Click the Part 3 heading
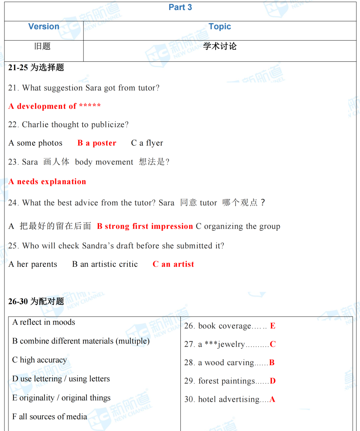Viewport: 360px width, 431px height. pyautogui.click(x=180, y=7)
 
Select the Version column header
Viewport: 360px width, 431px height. pyautogui.click(x=44, y=26)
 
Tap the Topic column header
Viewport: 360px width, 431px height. pyautogui.click(x=220, y=26)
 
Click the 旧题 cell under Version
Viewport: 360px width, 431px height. pyautogui.click(x=42, y=47)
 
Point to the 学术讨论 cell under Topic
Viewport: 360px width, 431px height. pyautogui.click(x=220, y=47)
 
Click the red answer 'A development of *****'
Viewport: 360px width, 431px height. pyautogui.click(x=55, y=106)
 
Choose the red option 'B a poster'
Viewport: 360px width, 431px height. pyautogui.click(x=97, y=143)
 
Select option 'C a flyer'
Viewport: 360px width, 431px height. pyautogui.click(x=147, y=143)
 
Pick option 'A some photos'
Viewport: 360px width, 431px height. pyautogui.click(x=35, y=143)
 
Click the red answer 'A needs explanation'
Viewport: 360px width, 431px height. pyautogui.click(x=47, y=182)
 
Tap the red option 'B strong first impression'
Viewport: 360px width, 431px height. pyautogui.click(x=145, y=226)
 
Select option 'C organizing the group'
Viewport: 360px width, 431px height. pyautogui.click(x=238, y=226)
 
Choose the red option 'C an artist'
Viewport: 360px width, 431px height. pyautogui.click(x=173, y=264)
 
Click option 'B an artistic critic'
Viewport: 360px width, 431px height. pyautogui.click(x=105, y=264)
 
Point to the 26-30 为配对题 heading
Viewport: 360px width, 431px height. pyautogui.click(x=36, y=301)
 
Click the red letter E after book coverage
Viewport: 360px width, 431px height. pyautogui.click(x=273, y=326)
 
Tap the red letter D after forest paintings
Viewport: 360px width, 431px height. pyautogui.click(x=273, y=381)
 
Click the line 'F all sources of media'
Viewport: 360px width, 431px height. pyautogui.click(x=49, y=417)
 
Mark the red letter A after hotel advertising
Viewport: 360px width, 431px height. pyautogui.click(x=272, y=399)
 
